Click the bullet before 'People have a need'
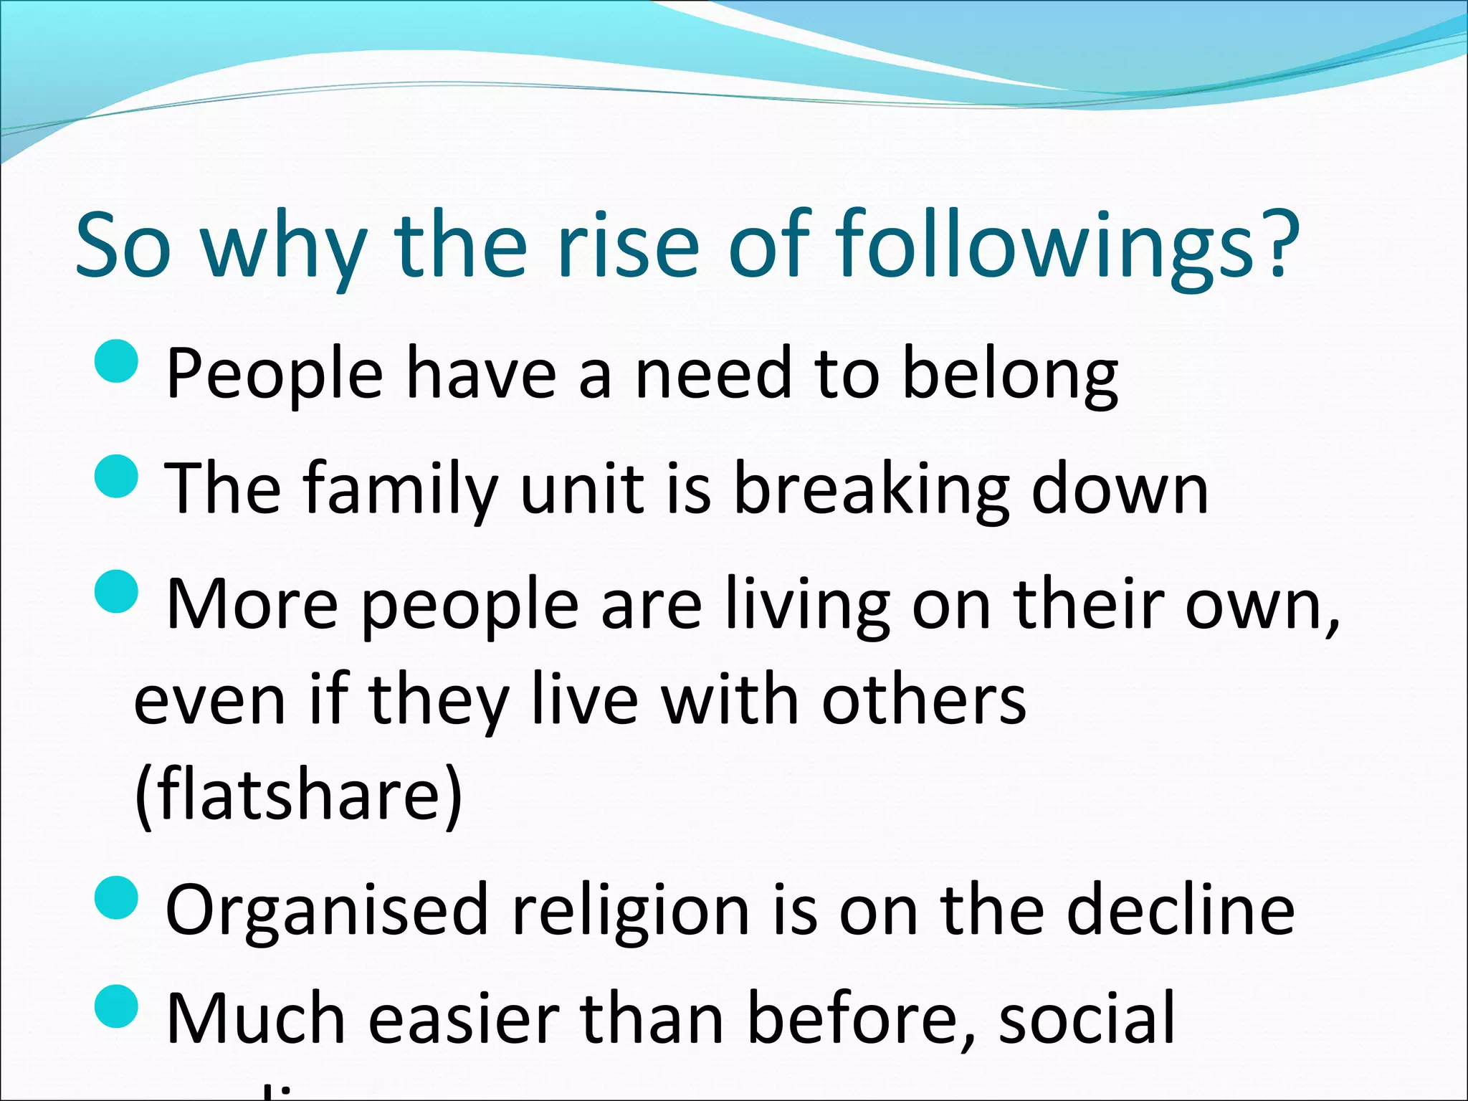115,363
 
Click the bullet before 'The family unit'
115,476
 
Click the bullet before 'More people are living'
115,592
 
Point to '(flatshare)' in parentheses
298,796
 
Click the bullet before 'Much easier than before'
115,1006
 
